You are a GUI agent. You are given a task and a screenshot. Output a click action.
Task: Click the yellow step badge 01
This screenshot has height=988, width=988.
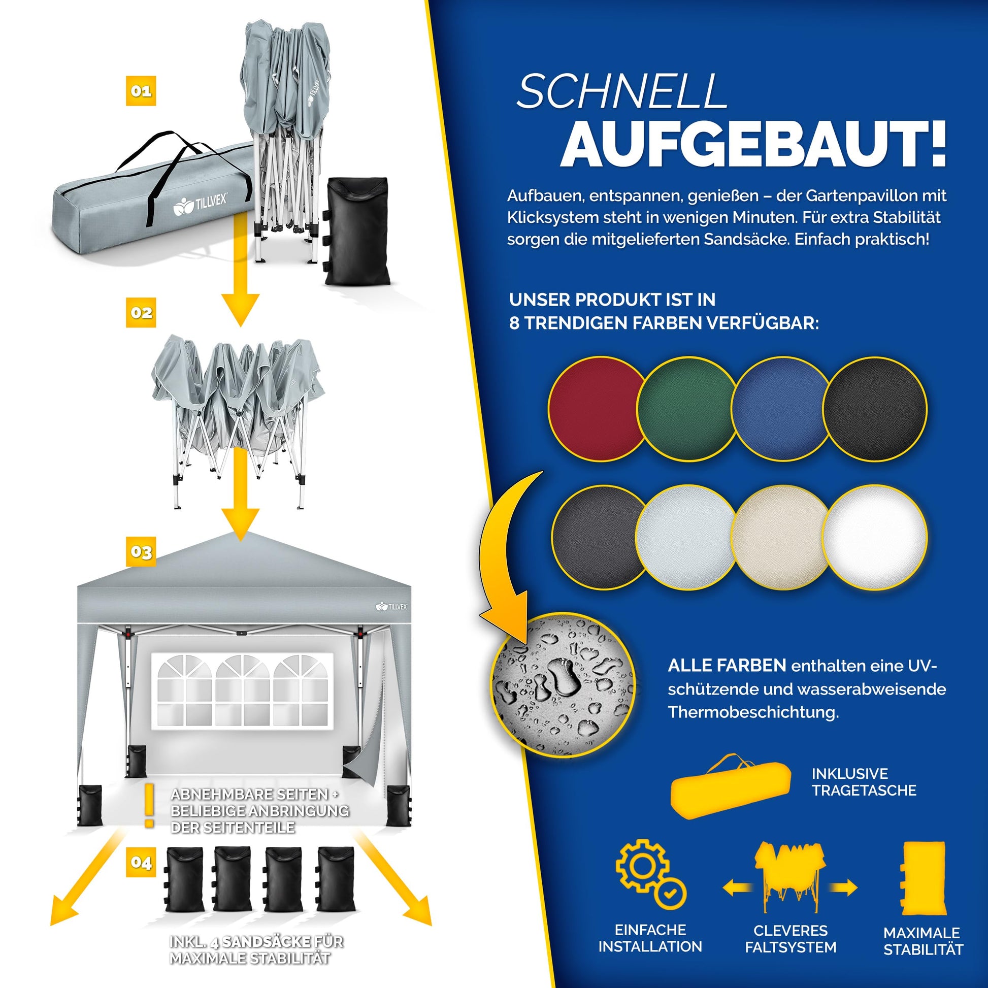141,91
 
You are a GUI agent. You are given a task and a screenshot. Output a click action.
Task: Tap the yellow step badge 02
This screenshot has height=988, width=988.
141,312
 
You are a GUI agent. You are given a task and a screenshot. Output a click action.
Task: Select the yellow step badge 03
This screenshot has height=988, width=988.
141,552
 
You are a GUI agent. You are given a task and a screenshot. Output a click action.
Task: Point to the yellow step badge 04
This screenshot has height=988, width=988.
141,863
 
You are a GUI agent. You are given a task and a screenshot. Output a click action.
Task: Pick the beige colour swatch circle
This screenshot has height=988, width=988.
781,537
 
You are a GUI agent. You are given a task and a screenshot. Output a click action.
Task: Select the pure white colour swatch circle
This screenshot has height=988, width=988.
874,537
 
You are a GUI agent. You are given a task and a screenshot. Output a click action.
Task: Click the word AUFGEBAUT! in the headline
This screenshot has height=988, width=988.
753,144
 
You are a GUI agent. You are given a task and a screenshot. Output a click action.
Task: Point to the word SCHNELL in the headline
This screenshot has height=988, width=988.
622,91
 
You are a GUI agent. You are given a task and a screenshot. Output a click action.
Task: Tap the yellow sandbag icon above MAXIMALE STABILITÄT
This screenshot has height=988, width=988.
923,878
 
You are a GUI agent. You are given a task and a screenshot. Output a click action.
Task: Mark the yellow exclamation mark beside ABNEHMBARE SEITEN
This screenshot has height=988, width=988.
149,805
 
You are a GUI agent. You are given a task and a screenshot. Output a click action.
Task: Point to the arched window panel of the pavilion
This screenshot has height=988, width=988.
242,690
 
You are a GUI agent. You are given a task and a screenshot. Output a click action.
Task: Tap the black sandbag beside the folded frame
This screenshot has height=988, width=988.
357,230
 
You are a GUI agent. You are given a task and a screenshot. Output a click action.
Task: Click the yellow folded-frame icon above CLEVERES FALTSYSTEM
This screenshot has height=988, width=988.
790,876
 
